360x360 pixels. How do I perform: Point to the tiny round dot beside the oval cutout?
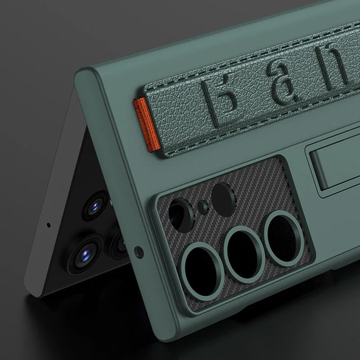click(203, 207)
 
